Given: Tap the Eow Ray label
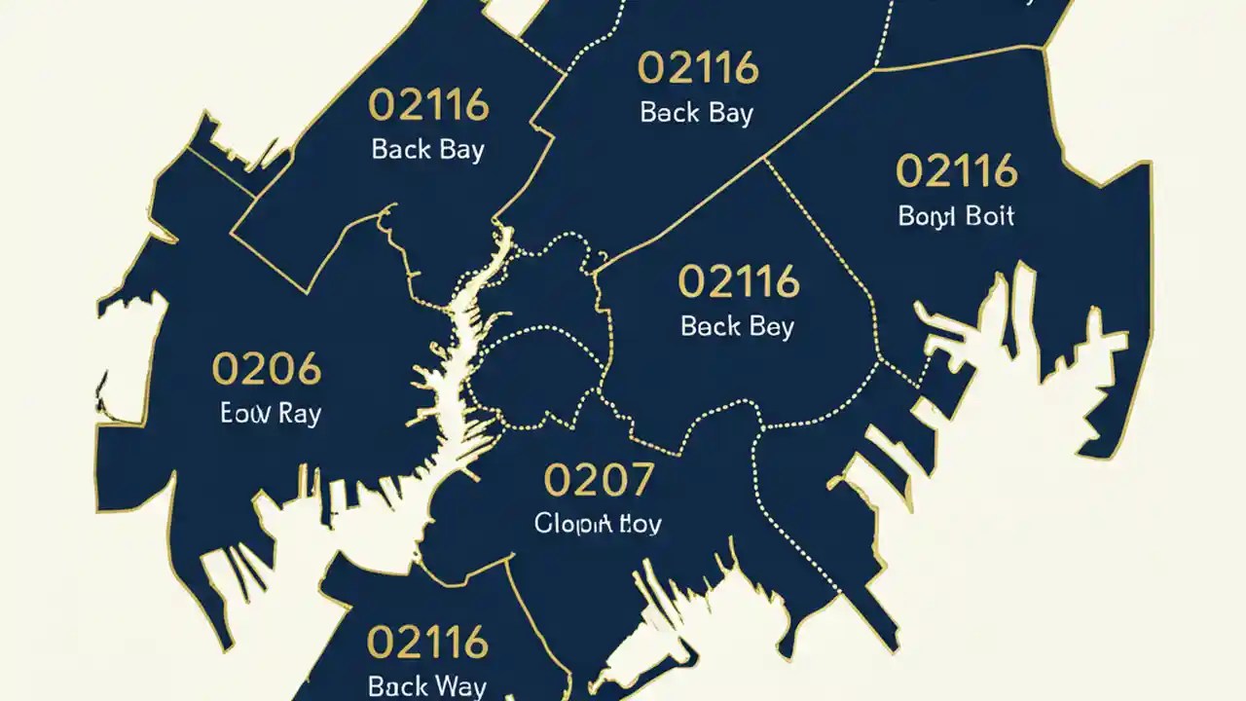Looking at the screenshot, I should coord(271,412).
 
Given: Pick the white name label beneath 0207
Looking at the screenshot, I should coord(598,523).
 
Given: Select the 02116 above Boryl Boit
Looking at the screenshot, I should coord(956,171).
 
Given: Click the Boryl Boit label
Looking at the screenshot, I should coord(956,215).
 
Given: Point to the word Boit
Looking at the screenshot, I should coord(988,215).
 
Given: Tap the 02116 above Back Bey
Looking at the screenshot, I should coord(738,282).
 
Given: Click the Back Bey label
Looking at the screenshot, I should coord(738,325).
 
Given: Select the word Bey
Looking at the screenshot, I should coord(771,326).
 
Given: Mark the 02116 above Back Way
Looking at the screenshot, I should coord(426,643).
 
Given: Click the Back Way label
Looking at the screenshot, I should coord(426,685).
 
